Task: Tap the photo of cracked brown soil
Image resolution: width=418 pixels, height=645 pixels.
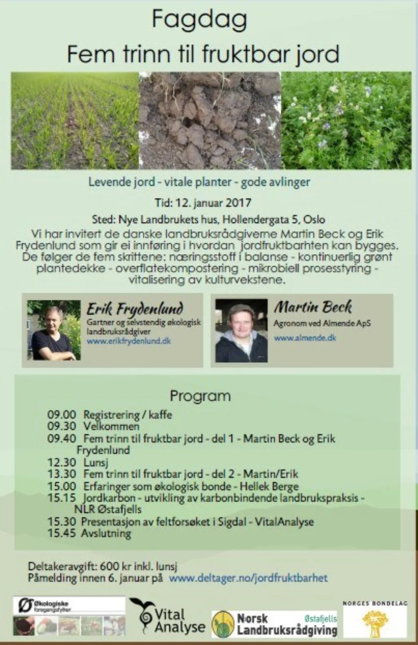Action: [210, 121]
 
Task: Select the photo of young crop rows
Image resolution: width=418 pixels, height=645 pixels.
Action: [75, 121]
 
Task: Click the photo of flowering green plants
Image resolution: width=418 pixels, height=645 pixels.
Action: [346, 121]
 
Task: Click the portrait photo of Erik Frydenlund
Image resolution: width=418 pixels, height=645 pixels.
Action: [53, 330]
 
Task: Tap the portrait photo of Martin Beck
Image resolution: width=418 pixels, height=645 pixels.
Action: [241, 330]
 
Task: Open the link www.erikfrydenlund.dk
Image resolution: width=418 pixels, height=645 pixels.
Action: [129, 341]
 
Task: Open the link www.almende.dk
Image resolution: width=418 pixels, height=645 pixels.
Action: [305, 338]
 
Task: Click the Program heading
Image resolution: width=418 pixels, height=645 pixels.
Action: [200, 396]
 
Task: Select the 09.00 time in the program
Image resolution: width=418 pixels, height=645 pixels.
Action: [62, 414]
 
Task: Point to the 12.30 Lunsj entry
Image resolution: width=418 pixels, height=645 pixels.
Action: [78, 462]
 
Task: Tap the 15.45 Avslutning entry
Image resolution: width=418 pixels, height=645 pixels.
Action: [89, 533]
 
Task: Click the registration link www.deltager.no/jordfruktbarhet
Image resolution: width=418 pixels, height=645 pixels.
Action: [248, 578]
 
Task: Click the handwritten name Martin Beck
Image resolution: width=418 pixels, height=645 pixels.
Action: [313, 307]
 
